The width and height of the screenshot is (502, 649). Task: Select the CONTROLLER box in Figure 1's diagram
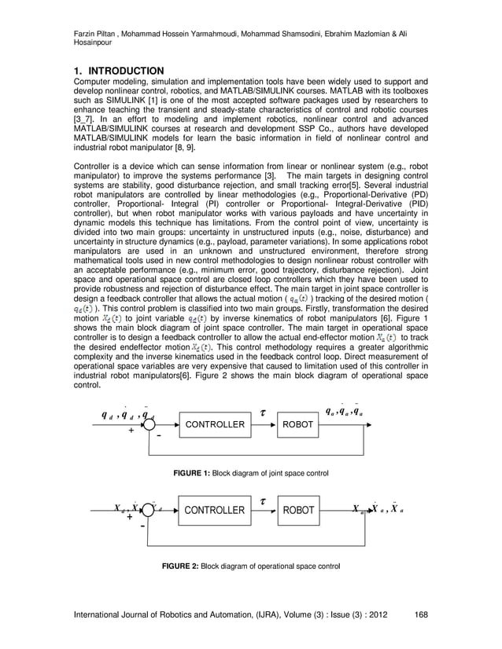[x=214, y=425]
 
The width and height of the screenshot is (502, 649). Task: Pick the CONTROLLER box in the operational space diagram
[x=214, y=511]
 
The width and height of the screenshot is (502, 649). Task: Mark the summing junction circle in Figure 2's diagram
[x=148, y=511]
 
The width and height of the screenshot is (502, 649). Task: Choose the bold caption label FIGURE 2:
[x=180, y=566]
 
